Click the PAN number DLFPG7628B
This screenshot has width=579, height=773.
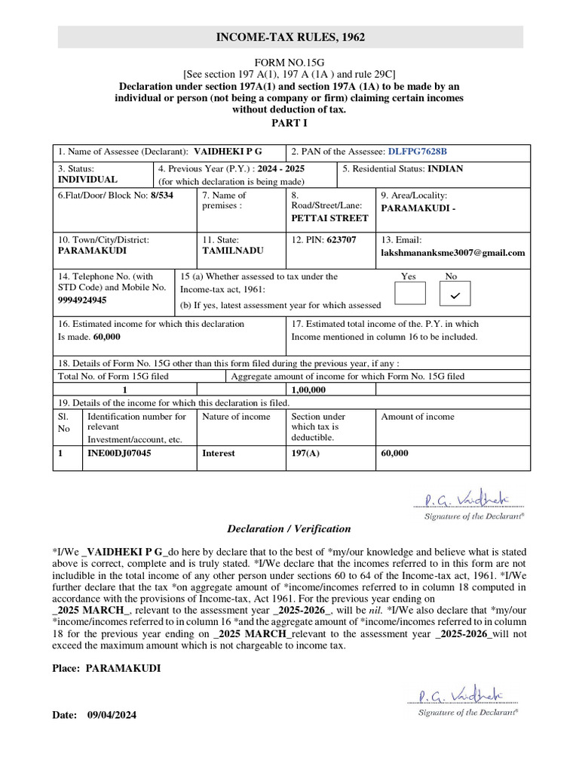point(422,151)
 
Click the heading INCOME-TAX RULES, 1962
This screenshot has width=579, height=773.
point(290,37)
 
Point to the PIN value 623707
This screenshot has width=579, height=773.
point(342,239)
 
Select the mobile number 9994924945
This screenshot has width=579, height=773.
point(82,300)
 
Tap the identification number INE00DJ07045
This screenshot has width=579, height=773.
point(119,453)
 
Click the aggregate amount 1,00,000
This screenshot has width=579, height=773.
point(308,390)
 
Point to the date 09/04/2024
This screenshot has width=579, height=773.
point(112,714)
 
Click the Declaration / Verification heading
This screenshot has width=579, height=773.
point(289,528)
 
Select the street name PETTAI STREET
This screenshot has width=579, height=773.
point(329,218)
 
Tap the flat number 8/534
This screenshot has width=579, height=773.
point(161,195)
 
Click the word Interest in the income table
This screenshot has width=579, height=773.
point(219,453)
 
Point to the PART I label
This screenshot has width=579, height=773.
point(289,122)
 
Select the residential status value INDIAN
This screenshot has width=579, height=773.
point(446,168)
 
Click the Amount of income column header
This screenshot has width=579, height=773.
point(418,417)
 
